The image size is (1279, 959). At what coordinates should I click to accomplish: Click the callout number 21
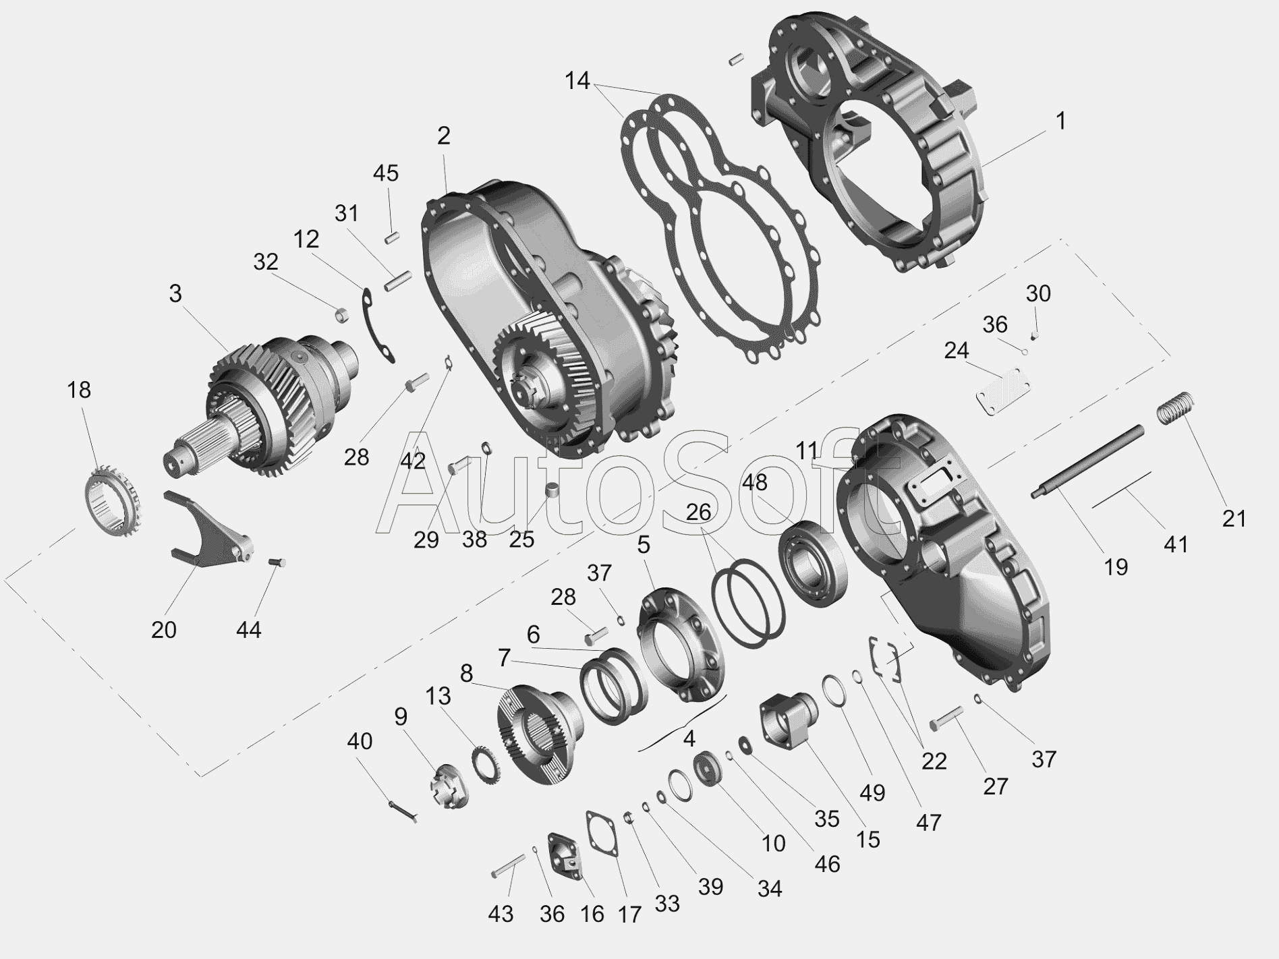(x=1234, y=519)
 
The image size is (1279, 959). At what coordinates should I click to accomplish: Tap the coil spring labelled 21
(x=1176, y=407)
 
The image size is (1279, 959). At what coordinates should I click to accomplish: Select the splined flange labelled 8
(x=536, y=732)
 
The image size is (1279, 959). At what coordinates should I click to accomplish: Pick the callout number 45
(x=386, y=173)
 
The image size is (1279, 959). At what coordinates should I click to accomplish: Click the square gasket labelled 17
(x=603, y=834)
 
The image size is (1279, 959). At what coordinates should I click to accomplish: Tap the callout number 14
(x=577, y=81)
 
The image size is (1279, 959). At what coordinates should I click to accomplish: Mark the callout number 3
(x=175, y=294)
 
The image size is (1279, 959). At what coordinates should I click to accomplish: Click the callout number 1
(x=1060, y=121)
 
